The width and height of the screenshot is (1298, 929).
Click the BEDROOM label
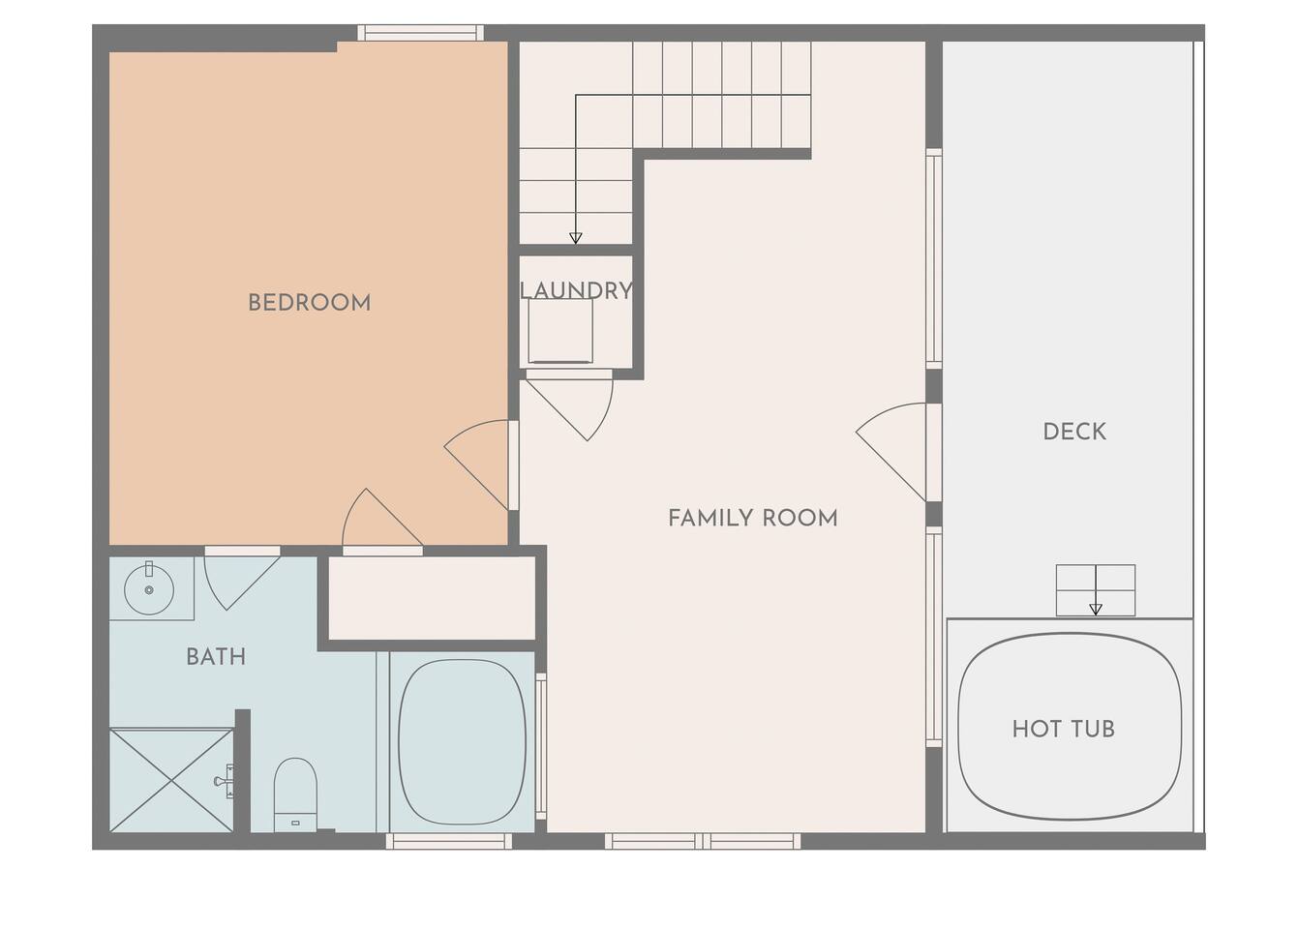point(310,303)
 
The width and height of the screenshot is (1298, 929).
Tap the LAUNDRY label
point(576,290)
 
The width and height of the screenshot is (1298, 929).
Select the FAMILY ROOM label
point(753,518)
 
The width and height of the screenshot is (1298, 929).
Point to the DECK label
point(1074,432)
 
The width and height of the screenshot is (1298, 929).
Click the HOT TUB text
point(1064,730)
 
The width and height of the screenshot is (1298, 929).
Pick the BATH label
point(216,657)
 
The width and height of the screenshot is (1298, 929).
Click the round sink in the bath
point(149,589)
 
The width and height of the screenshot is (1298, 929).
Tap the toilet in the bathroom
point(295,794)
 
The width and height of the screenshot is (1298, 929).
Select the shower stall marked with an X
point(172,780)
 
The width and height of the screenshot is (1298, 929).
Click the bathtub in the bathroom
point(462,742)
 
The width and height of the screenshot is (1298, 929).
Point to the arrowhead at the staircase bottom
point(575,238)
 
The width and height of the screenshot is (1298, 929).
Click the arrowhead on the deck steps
point(1095,610)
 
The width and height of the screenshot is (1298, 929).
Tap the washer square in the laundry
point(560,331)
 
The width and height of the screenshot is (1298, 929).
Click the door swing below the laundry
point(569,408)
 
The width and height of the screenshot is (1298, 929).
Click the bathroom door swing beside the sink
point(242,582)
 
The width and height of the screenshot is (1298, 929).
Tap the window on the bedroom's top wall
point(421,33)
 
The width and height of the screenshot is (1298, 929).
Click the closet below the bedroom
point(432,598)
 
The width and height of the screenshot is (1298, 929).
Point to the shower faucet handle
point(225,781)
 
